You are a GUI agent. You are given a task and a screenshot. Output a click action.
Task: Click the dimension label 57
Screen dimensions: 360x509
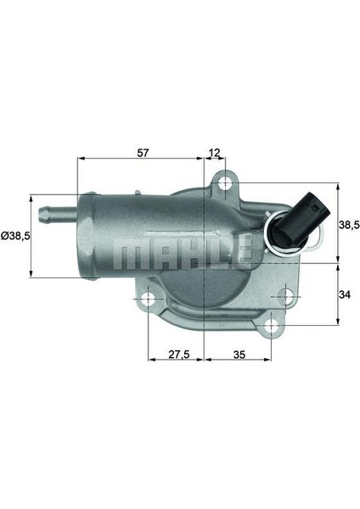pos(143,153)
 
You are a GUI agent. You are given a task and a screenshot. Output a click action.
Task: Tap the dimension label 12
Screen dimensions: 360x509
pos(215,152)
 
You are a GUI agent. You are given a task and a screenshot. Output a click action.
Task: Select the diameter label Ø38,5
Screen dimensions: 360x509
pos(15,236)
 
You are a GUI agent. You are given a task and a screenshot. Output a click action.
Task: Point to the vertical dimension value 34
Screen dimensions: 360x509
pos(345,294)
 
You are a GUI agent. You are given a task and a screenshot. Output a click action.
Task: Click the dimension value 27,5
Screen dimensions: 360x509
pos(178,355)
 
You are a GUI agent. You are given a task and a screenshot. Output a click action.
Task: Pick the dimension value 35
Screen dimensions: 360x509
pos(239,355)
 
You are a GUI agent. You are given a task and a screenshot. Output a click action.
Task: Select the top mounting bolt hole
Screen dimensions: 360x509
pos(225,183)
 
